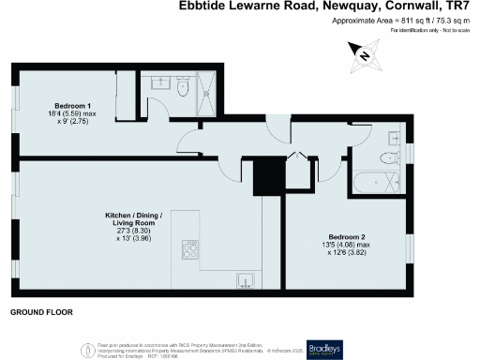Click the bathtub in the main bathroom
click(x=375, y=181)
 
